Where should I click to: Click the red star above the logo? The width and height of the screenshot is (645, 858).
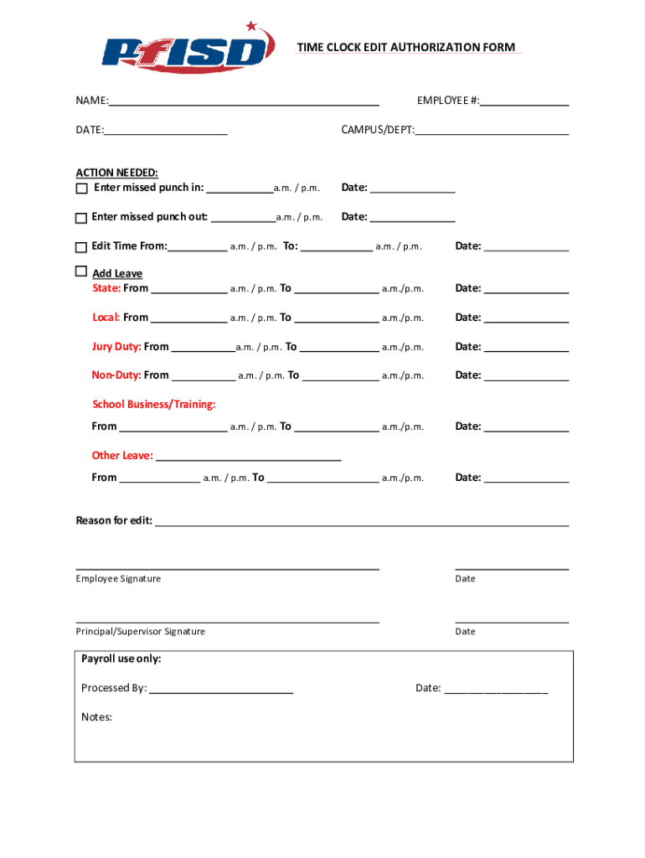coord(251,27)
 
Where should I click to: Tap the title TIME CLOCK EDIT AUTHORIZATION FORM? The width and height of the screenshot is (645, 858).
coord(405,48)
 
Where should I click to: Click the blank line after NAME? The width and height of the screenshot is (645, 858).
coord(243,102)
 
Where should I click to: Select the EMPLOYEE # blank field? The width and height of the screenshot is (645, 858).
coord(524,102)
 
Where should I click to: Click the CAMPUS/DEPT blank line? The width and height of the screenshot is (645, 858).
coord(492,132)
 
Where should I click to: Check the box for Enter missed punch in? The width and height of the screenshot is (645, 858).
coord(81,189)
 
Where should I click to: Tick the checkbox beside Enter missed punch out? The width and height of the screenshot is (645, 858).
coord(81,218)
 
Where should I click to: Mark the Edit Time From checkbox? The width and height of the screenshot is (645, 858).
coord(81,247)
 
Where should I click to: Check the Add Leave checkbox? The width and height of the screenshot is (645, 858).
coord(81,271)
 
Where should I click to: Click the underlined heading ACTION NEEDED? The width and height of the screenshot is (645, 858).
coord(116,173)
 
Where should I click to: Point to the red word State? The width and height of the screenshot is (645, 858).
coord(106,288)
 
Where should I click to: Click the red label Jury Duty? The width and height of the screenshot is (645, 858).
coord(116,347)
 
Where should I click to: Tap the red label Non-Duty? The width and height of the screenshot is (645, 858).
coord(116,375)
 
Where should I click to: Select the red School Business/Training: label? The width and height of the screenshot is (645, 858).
coord(153,405)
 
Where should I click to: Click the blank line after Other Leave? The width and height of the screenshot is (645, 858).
coord(248,457)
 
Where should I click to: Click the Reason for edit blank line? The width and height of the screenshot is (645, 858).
coord(362,523)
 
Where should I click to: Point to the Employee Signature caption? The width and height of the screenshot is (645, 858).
coord(118,579)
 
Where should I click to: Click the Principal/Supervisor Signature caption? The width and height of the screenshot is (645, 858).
coord(140,632)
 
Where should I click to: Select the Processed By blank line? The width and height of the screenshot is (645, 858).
coord(221,690)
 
